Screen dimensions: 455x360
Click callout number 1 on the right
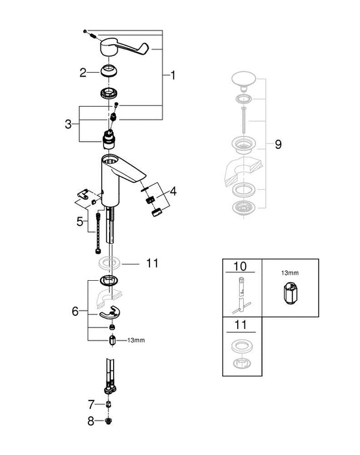coord(174,76)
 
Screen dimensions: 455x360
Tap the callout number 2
coord(83,73)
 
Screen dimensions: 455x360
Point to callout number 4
coord(172,192)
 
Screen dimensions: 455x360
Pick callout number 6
coord(75,311)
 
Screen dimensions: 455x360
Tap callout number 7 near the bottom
coord(92,403)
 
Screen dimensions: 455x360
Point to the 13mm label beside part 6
coord(136,340)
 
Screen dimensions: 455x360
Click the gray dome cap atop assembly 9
coord(244,81)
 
